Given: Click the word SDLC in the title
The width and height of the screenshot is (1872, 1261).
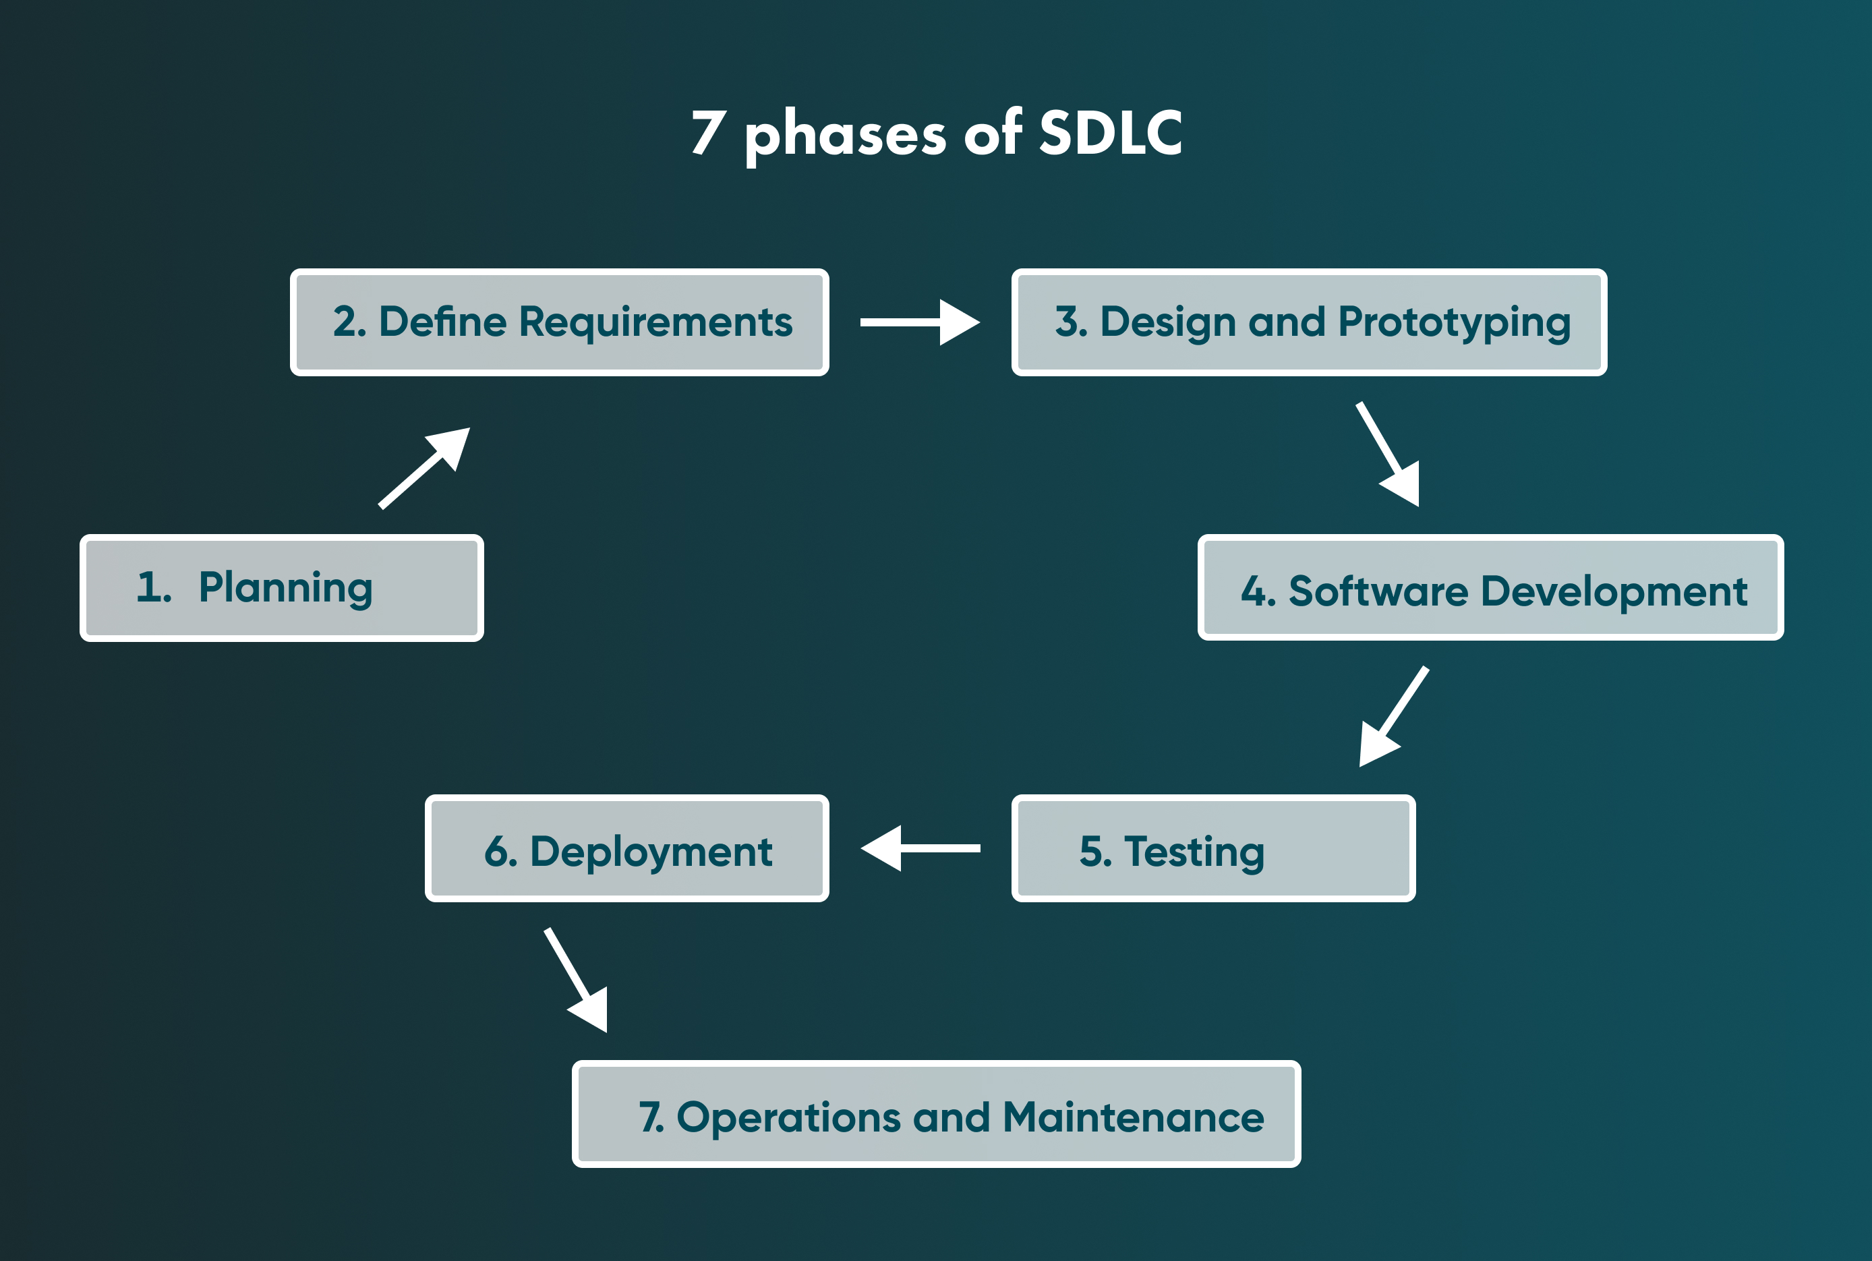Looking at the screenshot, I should pos(1110,133).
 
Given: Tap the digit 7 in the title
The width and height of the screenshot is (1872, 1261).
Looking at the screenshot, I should pos(709,133).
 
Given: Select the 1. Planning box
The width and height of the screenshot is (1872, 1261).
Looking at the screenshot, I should pos(281,588).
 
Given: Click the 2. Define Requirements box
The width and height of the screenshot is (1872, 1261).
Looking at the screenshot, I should pos(560,322).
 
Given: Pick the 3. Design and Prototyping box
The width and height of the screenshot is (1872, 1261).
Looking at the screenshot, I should pos(1309,322).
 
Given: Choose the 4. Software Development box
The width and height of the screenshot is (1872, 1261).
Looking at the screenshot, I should pos(1491,588).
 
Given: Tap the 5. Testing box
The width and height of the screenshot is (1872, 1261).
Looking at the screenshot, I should pos(1213,848).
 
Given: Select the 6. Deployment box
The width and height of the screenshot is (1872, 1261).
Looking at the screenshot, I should pos(627,848).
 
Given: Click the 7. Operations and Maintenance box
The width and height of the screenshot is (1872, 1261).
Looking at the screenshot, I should pos(936,1114).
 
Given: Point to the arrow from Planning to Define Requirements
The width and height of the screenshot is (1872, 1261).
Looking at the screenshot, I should pos(423,468).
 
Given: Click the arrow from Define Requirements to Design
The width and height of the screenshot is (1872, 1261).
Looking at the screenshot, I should pos(919,322).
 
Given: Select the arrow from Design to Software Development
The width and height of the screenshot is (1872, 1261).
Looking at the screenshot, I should pos(1388,454).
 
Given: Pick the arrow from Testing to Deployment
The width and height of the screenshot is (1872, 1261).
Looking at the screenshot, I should pos(920,848).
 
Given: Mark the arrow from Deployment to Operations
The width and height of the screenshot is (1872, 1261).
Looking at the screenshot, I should pos(577,980).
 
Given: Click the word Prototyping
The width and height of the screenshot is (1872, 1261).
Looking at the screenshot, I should pos(1454,322).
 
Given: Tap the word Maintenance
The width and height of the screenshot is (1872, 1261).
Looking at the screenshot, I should pos(1133,1117).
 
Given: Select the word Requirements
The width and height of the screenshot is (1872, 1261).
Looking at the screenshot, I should pos(655,322).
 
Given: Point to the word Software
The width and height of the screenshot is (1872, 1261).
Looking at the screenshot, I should pos(1378,591).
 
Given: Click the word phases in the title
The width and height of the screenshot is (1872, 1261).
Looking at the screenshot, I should pos(845,135).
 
